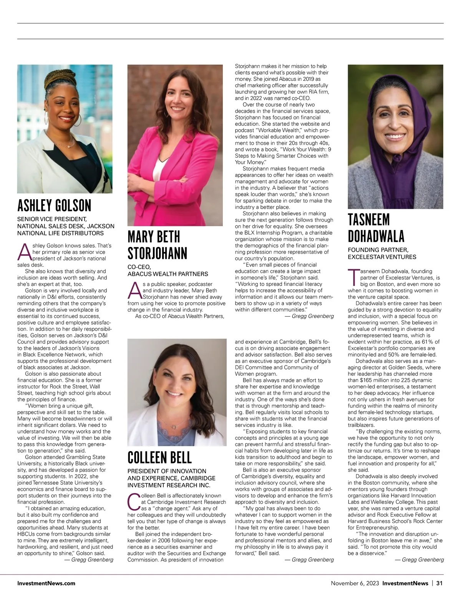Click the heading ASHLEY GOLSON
54,206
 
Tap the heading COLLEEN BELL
159,458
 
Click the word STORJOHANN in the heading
157,253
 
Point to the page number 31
439,583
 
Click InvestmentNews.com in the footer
46,583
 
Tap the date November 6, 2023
355,583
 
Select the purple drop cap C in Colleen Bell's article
134,502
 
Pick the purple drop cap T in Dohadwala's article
353,277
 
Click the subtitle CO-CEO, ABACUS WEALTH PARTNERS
167,270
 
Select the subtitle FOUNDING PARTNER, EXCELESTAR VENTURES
381,253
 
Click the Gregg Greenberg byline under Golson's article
89,560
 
